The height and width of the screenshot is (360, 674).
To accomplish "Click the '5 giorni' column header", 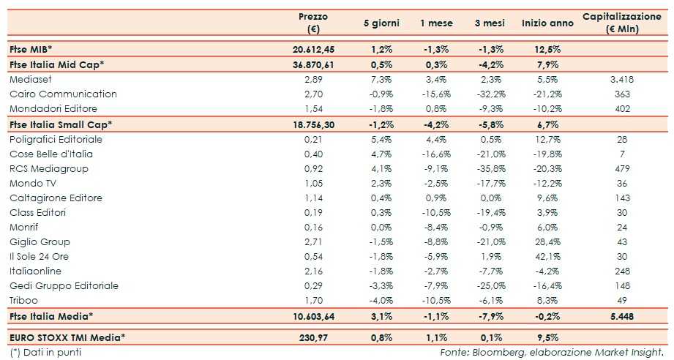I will [x=381, y=23].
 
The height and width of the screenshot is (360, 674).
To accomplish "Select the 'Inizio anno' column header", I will [x=547, y=23].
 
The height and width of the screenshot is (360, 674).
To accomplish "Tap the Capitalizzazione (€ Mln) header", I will [x=621, y=23].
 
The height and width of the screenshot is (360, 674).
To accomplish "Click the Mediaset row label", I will [x=32, y=79].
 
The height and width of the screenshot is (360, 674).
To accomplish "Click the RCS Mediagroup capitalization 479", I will [x=624, y=168].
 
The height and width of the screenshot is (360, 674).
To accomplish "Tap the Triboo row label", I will [x=24, y=300].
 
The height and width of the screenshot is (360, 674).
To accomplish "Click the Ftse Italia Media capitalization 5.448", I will [x=621, y=316].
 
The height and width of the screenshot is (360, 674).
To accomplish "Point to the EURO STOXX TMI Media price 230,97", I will [x=318, y=337].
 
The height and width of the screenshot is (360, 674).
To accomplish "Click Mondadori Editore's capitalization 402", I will [x=624, y=108].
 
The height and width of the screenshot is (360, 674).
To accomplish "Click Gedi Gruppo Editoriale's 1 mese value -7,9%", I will [x=436, y=285].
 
